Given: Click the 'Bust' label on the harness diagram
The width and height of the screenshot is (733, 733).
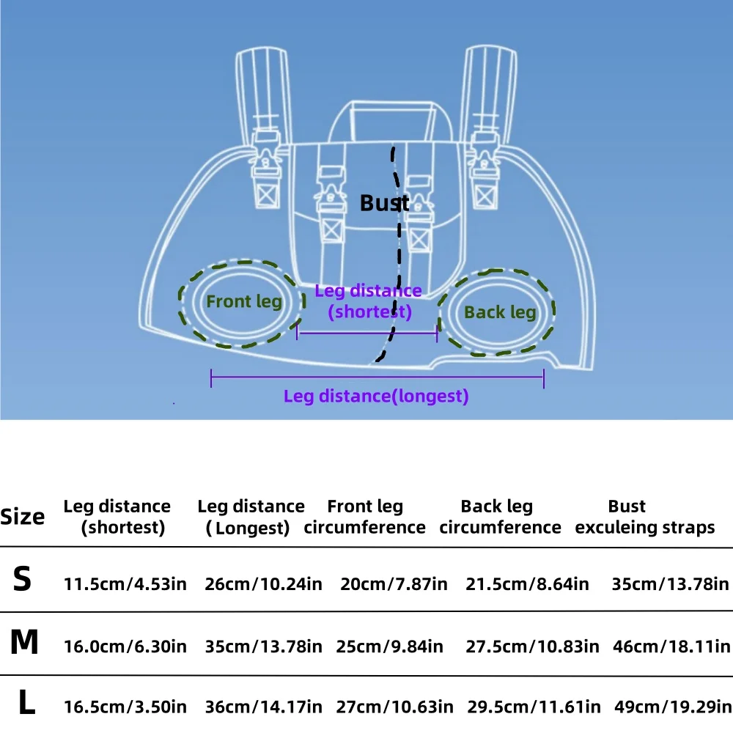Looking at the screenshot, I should [x=384, y=203].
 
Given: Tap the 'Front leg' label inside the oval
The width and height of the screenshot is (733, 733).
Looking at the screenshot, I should [x=244, y=301].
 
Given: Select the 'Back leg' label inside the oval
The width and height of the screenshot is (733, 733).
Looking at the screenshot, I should [x=500, y=312].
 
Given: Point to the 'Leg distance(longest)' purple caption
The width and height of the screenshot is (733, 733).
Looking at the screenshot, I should [x=376, y=397].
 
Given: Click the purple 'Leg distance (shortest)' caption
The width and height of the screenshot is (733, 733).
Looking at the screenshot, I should [x=369, y=301].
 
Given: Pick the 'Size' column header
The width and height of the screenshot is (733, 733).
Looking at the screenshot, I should [x=23, y=517].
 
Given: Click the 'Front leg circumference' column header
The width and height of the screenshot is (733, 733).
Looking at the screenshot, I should [x=364, y=517].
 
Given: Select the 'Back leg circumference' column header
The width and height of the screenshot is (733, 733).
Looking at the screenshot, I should [x=500, y=517].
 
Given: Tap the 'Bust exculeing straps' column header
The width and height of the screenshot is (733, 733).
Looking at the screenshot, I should [x=645, y=517].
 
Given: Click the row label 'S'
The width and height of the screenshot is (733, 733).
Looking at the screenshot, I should [x=23, y=580].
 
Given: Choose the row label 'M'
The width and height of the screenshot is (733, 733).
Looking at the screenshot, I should [x=24, y=644].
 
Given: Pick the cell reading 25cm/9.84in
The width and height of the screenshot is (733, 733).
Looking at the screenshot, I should [x=390, y=647].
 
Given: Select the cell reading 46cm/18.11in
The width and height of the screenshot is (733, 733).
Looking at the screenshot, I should [x=670, y=647].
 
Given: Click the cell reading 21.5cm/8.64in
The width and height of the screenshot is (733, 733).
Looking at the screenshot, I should [x=527, y=584].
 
